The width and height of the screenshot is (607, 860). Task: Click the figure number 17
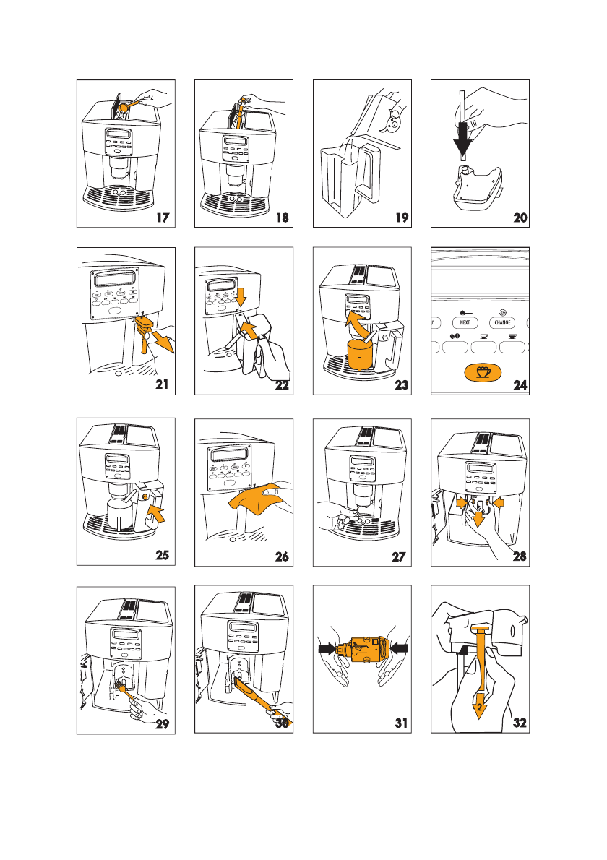pyautogui.click(x=163, y=218)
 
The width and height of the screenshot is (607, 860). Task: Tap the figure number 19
pyautogui.click(x=402, y=218)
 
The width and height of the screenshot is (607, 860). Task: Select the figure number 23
pyautogui.click(x=402, y=385)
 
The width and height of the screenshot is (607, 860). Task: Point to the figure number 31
pyautogui.click(x=402, y=723)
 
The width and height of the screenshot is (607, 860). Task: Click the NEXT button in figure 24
pyautogui.click(x=465, y=322)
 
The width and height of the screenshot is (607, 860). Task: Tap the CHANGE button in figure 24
pyautogui.click(x=502, y=322)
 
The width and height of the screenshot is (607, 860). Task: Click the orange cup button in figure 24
pyautogui.click(x=483, y=372)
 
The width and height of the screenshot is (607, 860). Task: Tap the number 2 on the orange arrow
pyautogui.click(x=479, y=708)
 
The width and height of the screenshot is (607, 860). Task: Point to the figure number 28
pyautogui.click(x=520, y=556)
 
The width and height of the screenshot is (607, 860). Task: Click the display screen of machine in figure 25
pyautogui.click(x=117, y=459)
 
